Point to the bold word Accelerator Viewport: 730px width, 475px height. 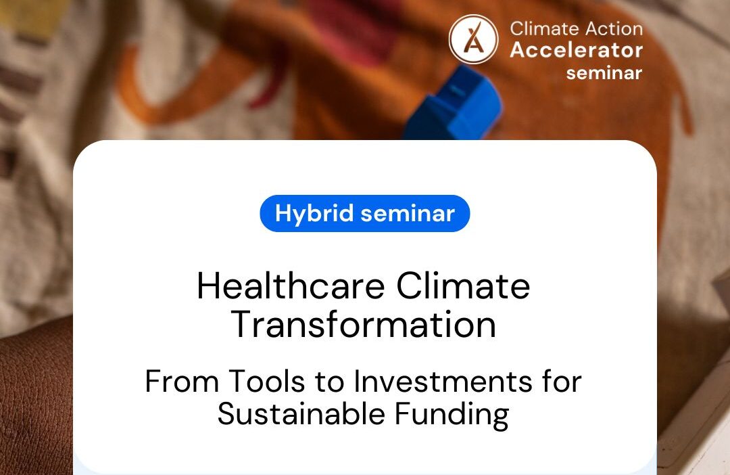pyautogui.click(x=577, y=50)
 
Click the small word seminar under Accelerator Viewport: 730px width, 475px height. pyautogui.click(x=604, y=72)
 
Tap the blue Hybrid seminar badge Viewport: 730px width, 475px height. pyautogui.click(x=364, y=214)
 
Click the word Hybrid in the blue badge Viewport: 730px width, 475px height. pyautogui.click(x=314, y=214)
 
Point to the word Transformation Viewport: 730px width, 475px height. pyautogui.click(x=364, y=324)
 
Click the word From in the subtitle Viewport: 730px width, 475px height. pyautogui.click(x=180, y=382)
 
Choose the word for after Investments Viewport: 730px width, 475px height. pyautogui.click(x=558, y=382)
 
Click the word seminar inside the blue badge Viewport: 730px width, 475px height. pyautogui.click(x=408, y=214)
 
